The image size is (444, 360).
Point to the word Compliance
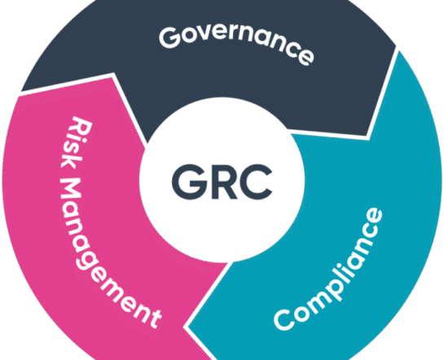[x=328, y=269]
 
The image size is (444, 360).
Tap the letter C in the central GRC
[x=256, y=182]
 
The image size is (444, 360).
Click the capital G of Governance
[x=170, y=37]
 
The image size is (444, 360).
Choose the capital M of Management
[x=71, y=191]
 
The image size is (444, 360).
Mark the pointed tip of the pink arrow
[x=113, y=75]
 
